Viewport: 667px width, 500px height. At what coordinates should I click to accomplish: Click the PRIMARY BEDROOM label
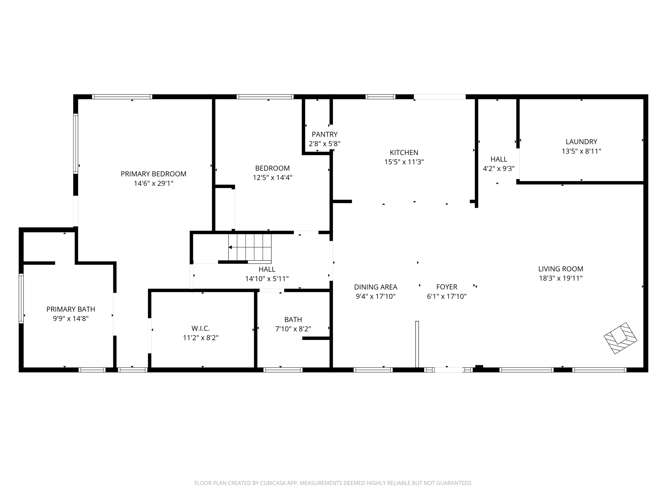[x=153, y=174]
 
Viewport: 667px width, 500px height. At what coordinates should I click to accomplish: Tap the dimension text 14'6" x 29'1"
[x=153, y=183]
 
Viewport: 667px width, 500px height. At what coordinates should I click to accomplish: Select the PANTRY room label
[x=324, y=134]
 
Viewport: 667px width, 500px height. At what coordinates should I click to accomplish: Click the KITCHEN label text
[x=404, y=152]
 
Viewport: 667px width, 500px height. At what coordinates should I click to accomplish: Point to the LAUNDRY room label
[x=581, y=142]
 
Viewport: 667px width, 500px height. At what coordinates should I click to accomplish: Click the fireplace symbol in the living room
[x=620, y=338]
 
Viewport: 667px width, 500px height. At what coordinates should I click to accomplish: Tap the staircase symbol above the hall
[x=250, y=247]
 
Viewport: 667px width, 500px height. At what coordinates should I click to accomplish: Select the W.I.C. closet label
[x=201, y=328]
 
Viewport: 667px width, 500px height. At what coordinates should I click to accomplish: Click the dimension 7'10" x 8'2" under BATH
[x=293, y=329]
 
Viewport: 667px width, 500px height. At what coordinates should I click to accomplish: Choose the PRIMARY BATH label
[x=71, y=309]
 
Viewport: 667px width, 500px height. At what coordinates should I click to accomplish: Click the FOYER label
[x=447, y=287]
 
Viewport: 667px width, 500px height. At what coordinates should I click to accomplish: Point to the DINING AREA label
[x=376, y=287]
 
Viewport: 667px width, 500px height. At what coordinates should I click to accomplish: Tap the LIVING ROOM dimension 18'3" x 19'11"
[x=561, y=278]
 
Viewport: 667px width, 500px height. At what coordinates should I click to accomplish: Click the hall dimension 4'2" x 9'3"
[x=499, y=169]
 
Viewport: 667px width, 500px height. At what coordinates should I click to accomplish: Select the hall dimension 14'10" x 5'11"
[x=267, y=279]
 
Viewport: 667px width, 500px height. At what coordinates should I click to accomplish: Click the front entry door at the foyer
[x=448, y=370]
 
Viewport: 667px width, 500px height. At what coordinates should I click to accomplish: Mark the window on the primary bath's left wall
[x=21, y=298]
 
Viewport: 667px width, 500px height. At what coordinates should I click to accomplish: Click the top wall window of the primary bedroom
[x=122, y=97]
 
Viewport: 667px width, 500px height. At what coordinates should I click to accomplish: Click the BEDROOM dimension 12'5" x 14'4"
[x=272, y=178]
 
